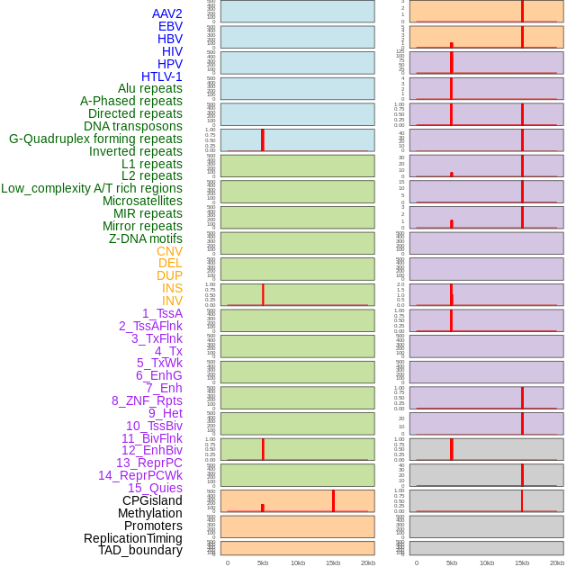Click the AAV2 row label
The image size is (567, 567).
tap(166, 13)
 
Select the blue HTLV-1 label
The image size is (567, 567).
tap(161, 76)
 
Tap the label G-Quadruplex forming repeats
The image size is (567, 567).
tap(95, 139)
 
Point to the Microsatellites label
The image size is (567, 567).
tap(142, 201)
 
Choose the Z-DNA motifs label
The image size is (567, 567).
tap(145, 238)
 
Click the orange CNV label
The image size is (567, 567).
tap(169, 251)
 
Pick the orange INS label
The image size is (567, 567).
tap(172, 288)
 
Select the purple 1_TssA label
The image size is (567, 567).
tap(162, 313)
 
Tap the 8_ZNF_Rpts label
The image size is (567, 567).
tap(147, 400)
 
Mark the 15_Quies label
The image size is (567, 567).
tap(155, 488)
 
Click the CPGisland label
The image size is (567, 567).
tap(152, 500)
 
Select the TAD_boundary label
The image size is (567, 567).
tap(139, 550)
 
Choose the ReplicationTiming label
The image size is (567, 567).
tap(132, 538)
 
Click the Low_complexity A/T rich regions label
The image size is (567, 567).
tap(92, 188)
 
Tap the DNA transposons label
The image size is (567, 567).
tap(133, 126)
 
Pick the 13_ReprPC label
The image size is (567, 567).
tap(148, 463)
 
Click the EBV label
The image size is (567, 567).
tap(170, 26)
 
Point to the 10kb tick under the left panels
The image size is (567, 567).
tap(298, 562)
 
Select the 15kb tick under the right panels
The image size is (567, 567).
tap(522, 562)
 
